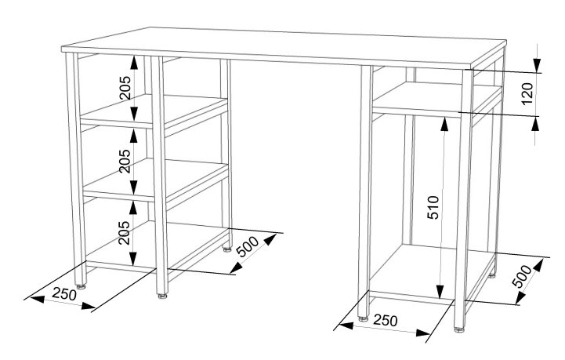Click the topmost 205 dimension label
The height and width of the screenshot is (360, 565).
(125, 88)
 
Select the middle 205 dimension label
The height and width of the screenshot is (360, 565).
(125, 161)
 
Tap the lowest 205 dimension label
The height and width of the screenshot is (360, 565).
(125, 233)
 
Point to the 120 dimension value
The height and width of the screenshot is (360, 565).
(527, 93)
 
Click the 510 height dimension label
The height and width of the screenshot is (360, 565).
(433, 207)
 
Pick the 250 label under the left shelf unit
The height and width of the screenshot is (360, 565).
(64, 293)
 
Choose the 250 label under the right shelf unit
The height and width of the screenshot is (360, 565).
(386, 320)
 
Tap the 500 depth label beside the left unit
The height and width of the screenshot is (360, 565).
(248, 246)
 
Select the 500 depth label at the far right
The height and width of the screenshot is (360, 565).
(522, 276)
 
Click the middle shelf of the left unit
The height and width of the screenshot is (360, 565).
(156, 178)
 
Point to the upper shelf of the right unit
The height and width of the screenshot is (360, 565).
(436, 98)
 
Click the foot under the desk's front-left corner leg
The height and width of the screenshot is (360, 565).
(81, 287)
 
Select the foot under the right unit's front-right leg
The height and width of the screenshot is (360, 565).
(459, 329)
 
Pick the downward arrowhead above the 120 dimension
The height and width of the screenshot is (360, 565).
(537, 65)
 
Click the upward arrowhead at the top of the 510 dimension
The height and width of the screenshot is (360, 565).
(445, 125)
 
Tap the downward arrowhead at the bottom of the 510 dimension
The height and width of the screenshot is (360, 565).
(440, 292)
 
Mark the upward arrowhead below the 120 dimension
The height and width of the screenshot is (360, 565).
(536, 124)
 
